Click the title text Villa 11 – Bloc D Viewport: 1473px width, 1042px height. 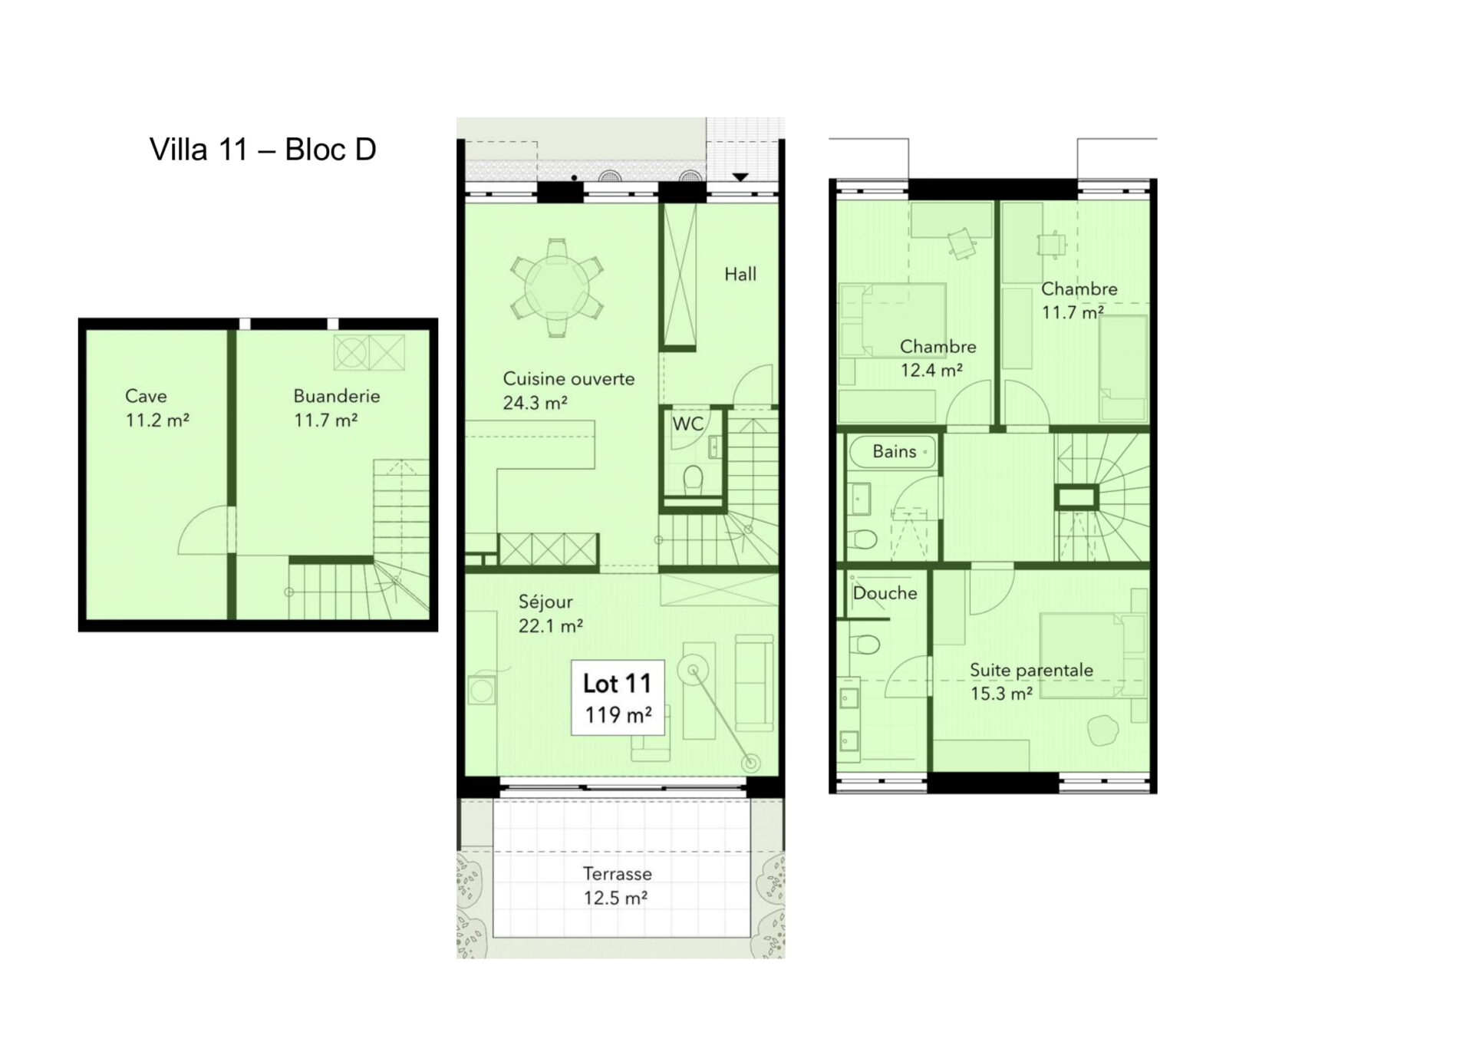[263, 150]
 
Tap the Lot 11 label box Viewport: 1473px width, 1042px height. [618, 697]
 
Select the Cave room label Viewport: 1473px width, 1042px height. [146, 396]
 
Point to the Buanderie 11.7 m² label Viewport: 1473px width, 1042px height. [337, 407]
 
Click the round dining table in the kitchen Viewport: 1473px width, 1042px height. [556, 288]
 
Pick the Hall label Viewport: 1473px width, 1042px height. [740, 274]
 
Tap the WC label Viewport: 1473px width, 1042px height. [688, 424]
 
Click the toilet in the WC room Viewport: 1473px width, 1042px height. [693, 480]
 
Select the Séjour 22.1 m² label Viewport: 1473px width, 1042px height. [551, 614]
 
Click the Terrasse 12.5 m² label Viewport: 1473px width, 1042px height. [617, 885]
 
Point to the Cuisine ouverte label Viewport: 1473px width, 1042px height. [568, 378]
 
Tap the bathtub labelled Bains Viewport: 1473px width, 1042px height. [893, 452]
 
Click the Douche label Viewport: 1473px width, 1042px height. [885, 593]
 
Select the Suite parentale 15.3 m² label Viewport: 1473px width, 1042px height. [1031, 681]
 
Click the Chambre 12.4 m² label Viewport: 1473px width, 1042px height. [938, 358]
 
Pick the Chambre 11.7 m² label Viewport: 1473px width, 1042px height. [1079, 301]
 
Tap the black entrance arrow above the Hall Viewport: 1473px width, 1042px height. [740, 177]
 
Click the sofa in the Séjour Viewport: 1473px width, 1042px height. [754, 683]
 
